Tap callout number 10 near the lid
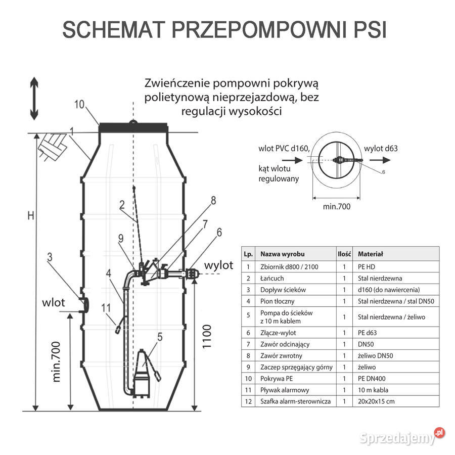79,105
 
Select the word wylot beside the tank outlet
218,265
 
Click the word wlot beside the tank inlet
54,303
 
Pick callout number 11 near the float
106,307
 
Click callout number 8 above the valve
213,201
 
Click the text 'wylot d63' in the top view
381,148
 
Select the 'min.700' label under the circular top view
336,206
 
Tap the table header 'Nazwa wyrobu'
283,254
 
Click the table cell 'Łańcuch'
272,278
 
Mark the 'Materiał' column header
371,254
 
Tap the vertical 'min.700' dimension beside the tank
57,361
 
